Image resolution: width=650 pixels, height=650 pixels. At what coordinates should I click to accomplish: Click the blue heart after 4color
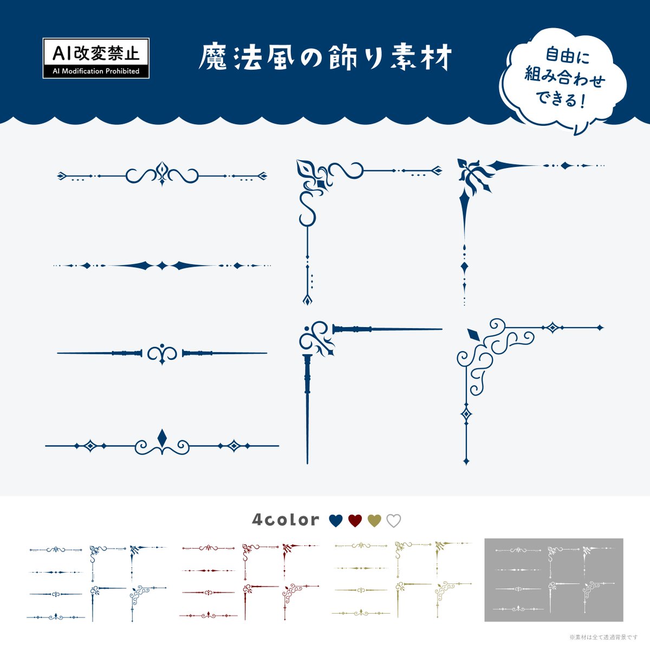[336, 521]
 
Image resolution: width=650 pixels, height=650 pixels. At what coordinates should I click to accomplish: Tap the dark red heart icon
[355, 521]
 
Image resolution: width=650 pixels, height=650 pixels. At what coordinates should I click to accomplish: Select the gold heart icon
[374, 521]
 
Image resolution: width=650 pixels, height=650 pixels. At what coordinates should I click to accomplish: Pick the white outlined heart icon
[393, 521]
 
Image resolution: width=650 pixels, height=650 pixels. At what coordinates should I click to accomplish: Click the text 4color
[285, 520]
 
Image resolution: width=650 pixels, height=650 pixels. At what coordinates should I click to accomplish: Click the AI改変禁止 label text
[96, 53]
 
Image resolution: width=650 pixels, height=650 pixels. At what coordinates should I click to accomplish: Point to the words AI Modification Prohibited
[96, 71]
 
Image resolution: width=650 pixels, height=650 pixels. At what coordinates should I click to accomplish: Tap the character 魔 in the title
[213, 57]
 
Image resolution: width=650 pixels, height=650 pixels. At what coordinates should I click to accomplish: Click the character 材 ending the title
[438, 57]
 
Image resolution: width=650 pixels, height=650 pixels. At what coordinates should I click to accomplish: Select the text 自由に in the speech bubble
[567, 56]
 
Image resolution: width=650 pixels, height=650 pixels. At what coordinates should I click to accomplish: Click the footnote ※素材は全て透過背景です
[603, 637]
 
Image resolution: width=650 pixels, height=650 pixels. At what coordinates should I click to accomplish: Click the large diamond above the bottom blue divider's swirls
[162, 437]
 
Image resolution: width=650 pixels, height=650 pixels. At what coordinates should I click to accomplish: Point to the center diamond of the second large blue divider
[162, 265]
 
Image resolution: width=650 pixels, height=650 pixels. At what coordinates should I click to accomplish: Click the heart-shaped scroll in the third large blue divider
[162, 354]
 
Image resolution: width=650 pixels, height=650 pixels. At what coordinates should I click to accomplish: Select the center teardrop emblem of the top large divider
[162, 171]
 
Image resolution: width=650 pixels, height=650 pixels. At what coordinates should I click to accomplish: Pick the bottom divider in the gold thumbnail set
[361, 613]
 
